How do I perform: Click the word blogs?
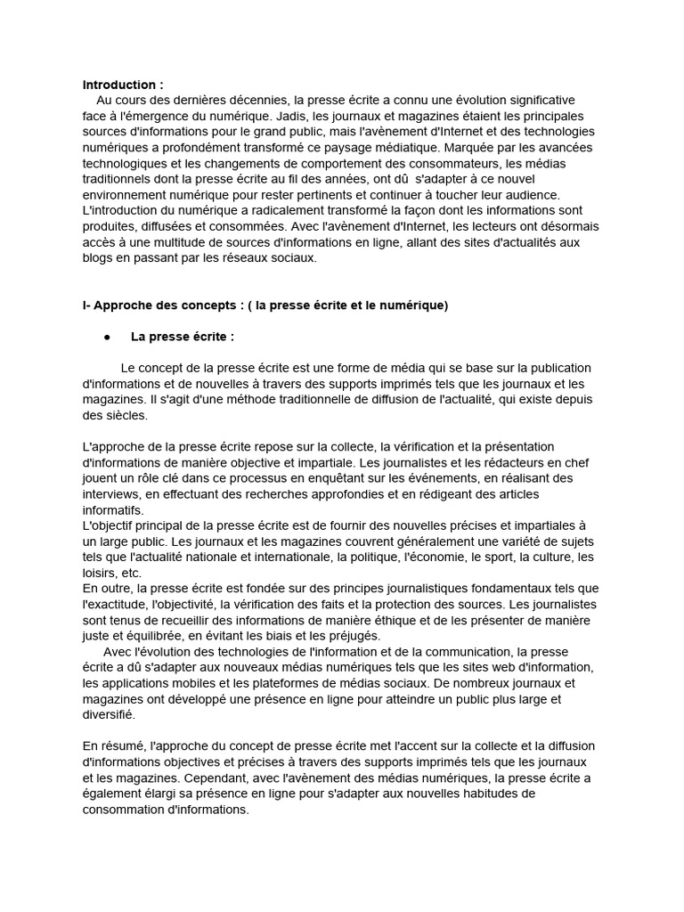(98, 258)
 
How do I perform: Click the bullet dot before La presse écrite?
(107, 338)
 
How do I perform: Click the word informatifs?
(112, 510)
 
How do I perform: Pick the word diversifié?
(109, 714)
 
